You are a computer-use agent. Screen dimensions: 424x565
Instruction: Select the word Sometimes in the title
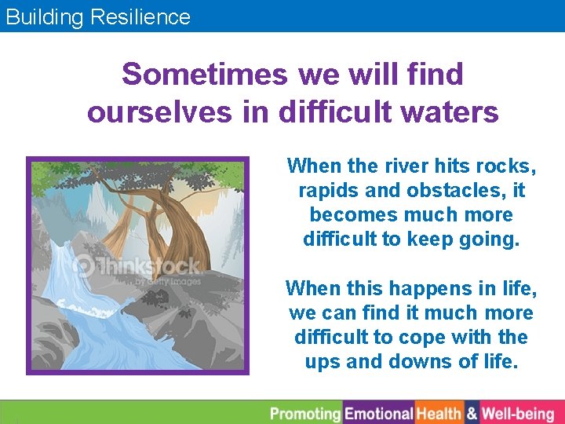(205, 75)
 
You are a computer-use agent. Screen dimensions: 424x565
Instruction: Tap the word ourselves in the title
(159, 112)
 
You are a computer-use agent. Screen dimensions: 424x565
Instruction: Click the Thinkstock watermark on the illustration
(137, 268)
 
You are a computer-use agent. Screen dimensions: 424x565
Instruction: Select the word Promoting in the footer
(305, 413)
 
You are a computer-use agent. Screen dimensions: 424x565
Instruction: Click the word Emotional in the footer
(378, 413)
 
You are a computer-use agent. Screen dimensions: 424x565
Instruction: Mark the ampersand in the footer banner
(472, 413)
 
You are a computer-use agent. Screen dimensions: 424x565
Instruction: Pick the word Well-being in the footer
(518, 413)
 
